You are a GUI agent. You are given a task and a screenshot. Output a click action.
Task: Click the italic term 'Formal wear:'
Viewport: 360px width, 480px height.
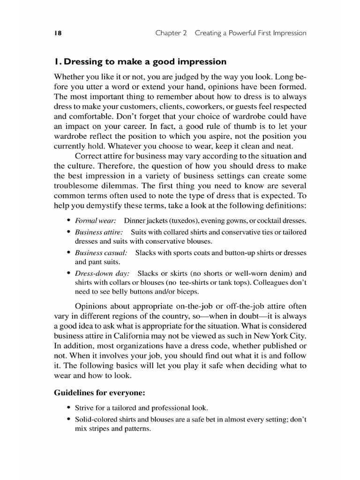96,220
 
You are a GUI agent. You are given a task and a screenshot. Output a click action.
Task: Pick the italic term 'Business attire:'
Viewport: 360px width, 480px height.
99,232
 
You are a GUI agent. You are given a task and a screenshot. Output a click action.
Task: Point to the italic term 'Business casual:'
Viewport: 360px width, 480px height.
101,253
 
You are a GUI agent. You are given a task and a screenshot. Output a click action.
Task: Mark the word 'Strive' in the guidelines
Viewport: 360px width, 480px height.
84,408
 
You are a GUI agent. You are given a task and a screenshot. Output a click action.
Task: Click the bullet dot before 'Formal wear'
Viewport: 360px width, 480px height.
69,220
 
